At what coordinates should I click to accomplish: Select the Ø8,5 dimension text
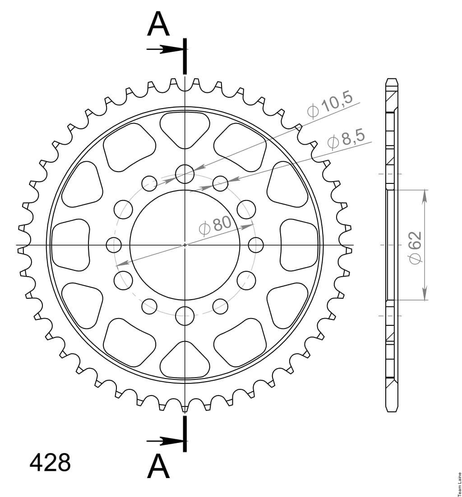(346, 140)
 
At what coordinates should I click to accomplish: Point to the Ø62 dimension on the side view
(415, 247)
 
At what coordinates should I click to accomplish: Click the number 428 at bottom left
(50, 463)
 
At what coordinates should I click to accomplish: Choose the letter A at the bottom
(158, 476)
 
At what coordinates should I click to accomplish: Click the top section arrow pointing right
(165, 49)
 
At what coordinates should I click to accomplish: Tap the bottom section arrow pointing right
(165, 441)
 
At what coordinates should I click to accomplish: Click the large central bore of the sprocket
(185, 245)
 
